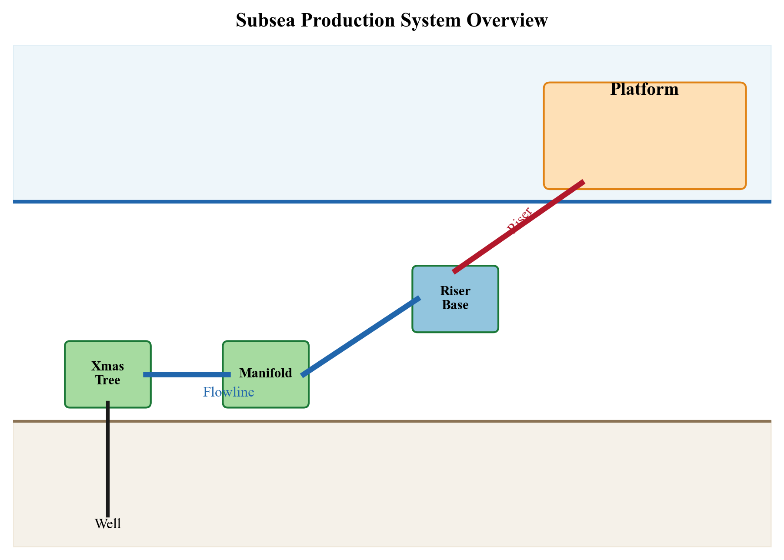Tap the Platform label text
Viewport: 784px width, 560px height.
click(x=644, y=90)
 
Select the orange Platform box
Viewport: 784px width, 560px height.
click(x=644, y=139)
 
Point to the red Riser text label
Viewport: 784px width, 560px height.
click(x=519, y=220)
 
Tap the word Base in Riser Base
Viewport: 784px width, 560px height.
click(x=455, y=305)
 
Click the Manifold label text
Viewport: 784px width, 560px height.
click(x=265, y=373)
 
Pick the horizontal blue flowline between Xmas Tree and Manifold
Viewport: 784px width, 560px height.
click(x=187, y=374)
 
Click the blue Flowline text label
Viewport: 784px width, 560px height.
click(x=228, y=392)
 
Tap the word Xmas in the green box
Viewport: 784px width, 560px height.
click(x=107, y=366)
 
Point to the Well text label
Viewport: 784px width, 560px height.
click(x=107, y=524)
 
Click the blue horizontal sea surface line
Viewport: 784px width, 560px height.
click(x=304, y=202)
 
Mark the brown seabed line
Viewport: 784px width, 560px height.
click(x=435, y=421)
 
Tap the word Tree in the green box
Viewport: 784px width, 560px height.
click(x=107, y=380)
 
